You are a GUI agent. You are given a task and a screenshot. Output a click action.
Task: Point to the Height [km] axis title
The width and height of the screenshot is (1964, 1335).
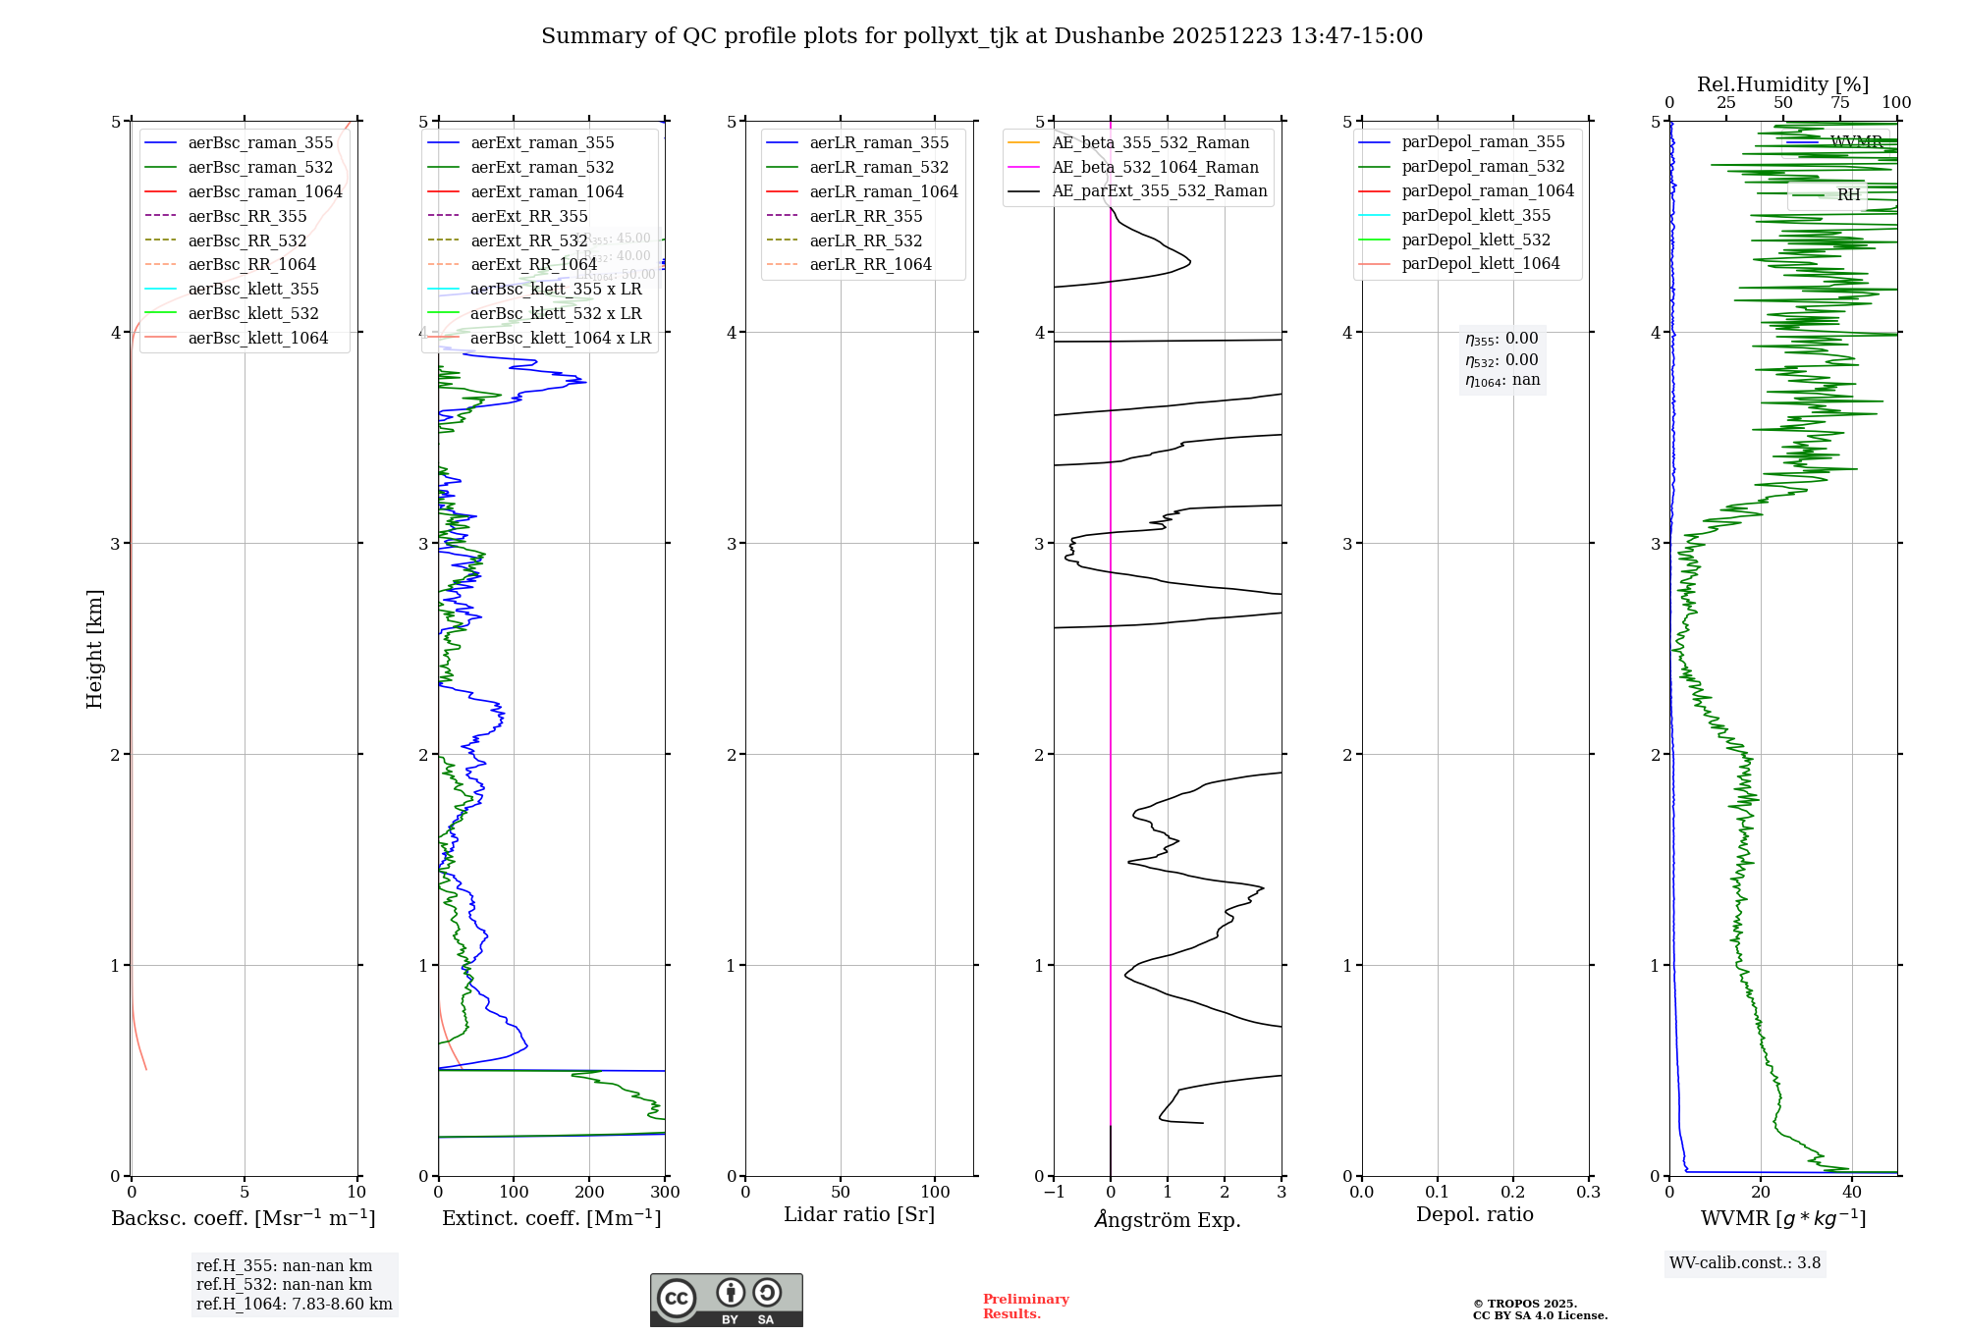tap(94, 649)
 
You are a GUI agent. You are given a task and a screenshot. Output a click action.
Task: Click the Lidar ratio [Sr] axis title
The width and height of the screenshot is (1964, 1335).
tap(859, 1214)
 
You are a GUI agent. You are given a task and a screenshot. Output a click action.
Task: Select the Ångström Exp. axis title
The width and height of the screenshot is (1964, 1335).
tap(1168, 1219)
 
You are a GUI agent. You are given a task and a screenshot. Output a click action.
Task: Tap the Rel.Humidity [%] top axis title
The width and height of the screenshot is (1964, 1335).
tap(1782, 84)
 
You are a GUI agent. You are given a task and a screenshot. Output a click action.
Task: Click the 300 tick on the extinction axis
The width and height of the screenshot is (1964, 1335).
tap(665, 1193)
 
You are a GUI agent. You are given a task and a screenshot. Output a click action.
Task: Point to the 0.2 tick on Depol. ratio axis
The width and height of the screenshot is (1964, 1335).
tap(1513, 1193)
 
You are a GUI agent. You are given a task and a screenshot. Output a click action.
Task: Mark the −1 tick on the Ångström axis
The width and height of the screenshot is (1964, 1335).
tap(1054, 1193)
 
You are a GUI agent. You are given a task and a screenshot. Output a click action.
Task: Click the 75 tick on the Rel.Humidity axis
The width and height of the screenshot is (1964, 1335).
tap(1839, 103)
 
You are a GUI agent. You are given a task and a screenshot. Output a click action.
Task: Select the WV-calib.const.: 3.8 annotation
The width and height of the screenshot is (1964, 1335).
tap(1745, 1262)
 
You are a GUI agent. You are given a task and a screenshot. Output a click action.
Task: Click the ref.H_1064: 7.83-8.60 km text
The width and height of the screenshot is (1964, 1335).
tap(294, 1304)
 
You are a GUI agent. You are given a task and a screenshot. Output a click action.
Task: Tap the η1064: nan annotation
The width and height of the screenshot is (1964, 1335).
tap(1502, 381)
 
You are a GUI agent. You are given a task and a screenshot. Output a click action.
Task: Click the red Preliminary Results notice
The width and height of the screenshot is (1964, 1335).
tap(1025, 1307)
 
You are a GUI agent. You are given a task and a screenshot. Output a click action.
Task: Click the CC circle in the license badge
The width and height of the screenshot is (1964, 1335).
tap(677, 1299)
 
